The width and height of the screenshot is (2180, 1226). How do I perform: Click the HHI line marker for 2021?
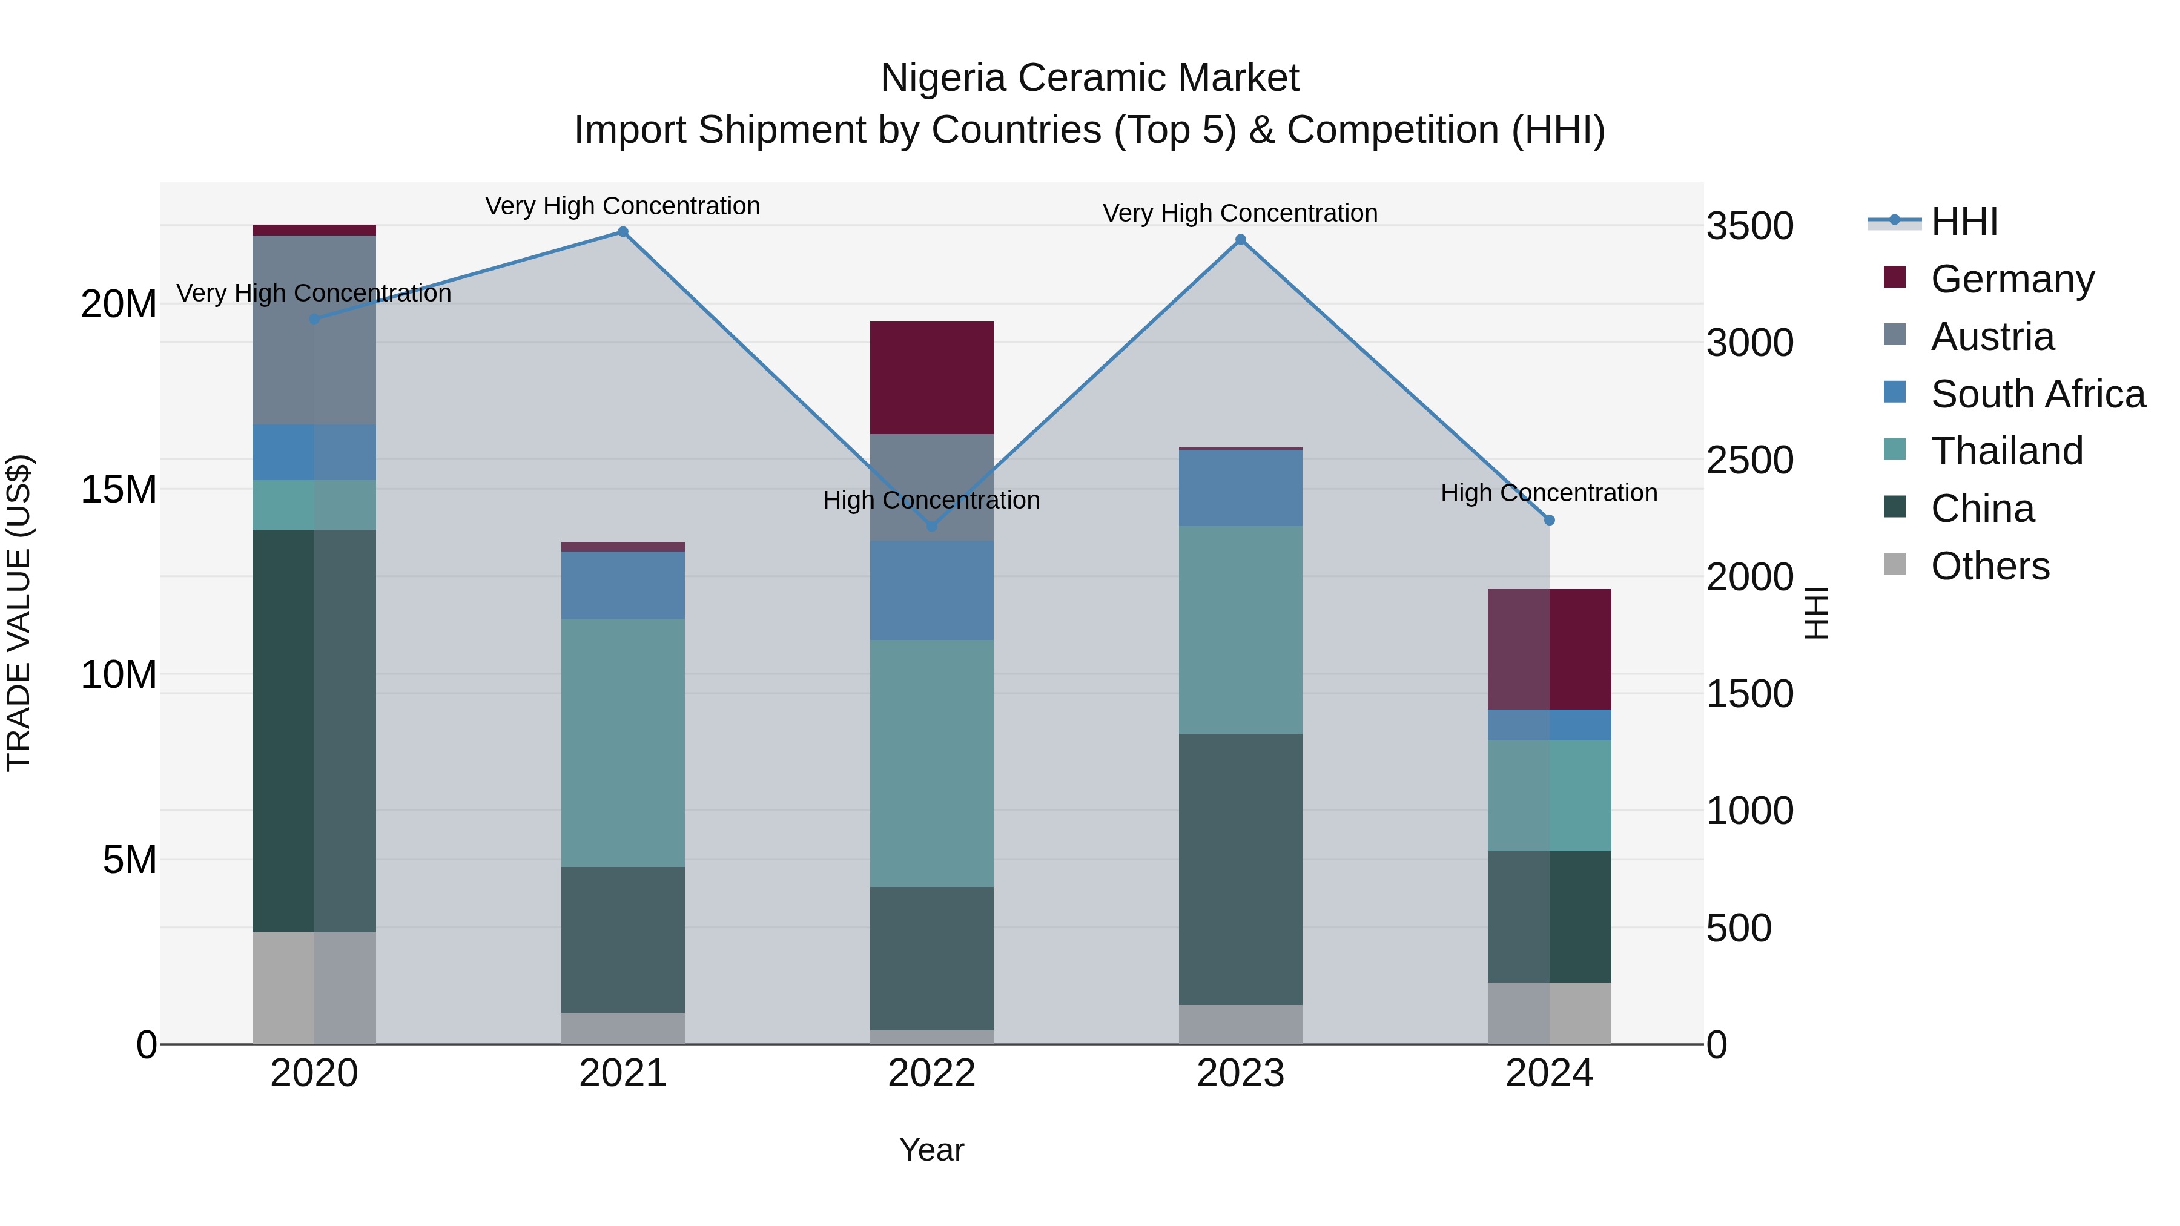click(623, 232)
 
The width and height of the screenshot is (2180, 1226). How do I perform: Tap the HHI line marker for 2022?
click(932, 526)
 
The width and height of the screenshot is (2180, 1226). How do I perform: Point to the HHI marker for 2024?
click(1550, 520)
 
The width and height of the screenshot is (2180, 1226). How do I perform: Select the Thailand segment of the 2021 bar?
click(623, 742)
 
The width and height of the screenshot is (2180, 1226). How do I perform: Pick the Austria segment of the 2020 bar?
click(314, 330)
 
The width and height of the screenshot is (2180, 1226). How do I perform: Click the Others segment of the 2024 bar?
click(1550, 1013)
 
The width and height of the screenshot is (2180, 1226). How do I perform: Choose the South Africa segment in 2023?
click(1241, 488)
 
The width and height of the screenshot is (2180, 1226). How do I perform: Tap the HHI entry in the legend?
click(1963, 222)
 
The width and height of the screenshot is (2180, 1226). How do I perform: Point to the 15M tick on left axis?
click(119, 489)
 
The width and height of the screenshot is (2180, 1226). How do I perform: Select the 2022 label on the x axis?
click(932, 1073)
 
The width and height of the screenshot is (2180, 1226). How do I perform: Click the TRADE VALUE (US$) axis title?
click(19, 613)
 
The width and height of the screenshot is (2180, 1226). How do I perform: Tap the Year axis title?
click(932, 1150)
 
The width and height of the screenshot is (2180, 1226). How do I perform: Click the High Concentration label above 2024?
click(1548, 492)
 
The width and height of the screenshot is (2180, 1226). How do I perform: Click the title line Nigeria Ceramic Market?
click(1089, 78)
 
